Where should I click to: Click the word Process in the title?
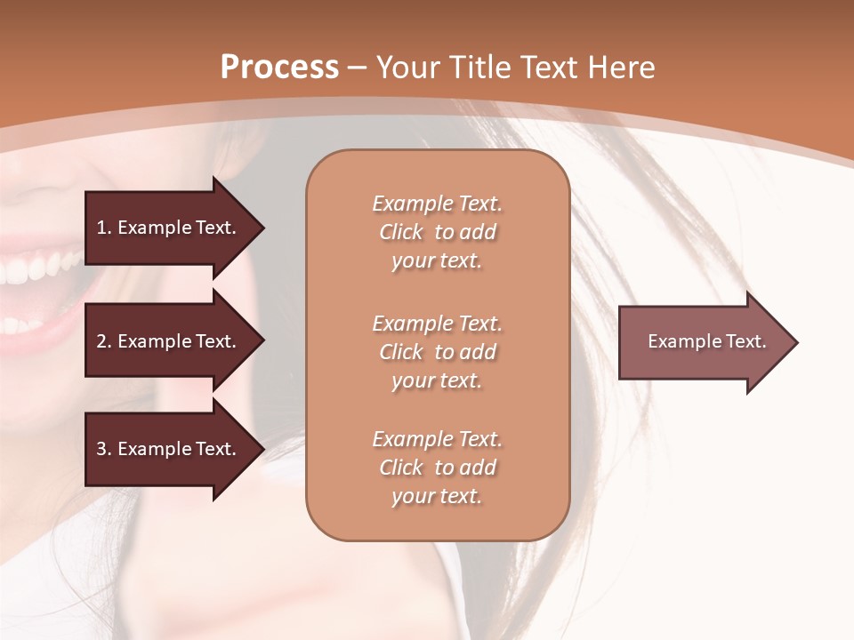tap(279, 68)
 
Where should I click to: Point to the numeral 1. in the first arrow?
tap(104, 228)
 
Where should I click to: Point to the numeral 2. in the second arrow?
tap(104, 341)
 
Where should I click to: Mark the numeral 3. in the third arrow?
tap(104, 449)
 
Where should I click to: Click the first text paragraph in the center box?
tap(437, 232)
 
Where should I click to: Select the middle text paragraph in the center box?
tap(437, 352)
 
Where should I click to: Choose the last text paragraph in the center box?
tap(437, 468)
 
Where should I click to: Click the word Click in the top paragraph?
tap(401, 232)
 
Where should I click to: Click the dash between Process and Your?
tap(358, 68)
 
